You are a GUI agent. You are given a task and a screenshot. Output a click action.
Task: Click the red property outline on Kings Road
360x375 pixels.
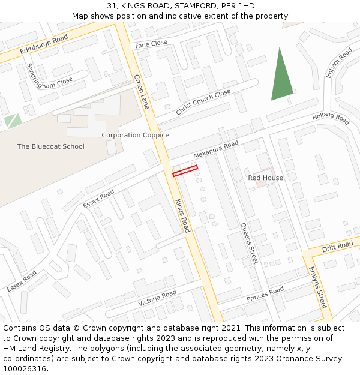pyautogui.click(x=185, y=171)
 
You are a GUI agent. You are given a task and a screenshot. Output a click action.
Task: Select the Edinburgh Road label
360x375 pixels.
pyautogui.click(x=43, y=43)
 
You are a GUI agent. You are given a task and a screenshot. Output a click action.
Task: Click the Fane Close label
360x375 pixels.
pyautogui.click(x=151, y=44)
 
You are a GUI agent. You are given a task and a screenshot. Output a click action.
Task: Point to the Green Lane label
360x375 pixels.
pyautogui.click(x=142, y=92)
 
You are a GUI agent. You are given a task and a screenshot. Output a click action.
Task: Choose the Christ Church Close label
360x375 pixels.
pyautogui.click(x=203, y=103)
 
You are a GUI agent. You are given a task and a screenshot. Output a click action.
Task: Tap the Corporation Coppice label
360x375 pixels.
pyautogui.click(x=135, y=136)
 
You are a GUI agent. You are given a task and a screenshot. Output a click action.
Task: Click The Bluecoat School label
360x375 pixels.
pyautogui.click(x=50, y=146)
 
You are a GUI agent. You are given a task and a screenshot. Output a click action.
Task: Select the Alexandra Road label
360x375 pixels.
pyautogui.click(x=215, y=150)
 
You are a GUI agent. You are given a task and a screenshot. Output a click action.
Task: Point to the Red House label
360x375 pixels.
pyautogui.click(x=266, y=178)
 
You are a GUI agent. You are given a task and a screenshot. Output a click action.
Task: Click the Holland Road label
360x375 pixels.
pyautogui.click(x=331, y=118)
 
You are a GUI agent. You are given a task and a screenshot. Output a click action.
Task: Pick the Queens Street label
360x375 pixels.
pyautogui.click(x=249, y=242)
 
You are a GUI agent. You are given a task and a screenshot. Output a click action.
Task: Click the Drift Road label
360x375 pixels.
pyautogui.click(x=337, y=247)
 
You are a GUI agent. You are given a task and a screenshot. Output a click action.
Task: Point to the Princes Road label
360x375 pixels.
pyautogui.click(x=265, y=295)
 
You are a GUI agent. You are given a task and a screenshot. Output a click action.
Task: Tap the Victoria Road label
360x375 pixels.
pyautogui.click(x=157, y=298)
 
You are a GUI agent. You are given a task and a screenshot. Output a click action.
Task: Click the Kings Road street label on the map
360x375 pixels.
pyautogui.click(x=182, y=215)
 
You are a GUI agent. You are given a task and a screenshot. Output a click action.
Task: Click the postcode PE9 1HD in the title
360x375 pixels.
pyautogui.click(x=238, y=6)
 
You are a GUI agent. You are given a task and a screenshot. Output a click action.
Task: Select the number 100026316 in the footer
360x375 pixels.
pyautogui.click(x=25, y=368)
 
